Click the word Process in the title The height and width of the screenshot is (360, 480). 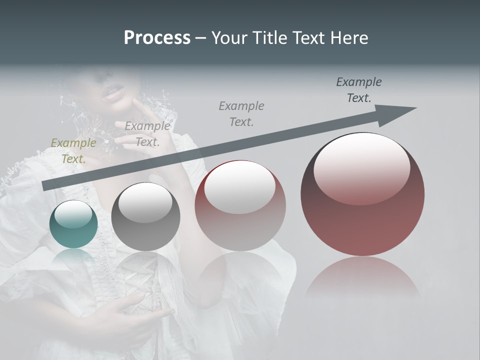coord(157,38)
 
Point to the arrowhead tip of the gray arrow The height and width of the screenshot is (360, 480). coord(415,108)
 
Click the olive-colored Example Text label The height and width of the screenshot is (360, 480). coord(73,150)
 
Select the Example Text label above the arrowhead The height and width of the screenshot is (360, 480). coord(359,90)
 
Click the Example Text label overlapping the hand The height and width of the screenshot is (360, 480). coord(147,134)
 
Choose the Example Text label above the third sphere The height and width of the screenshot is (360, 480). coord(241,113)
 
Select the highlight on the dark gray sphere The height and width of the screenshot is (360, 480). coord(145,202)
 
